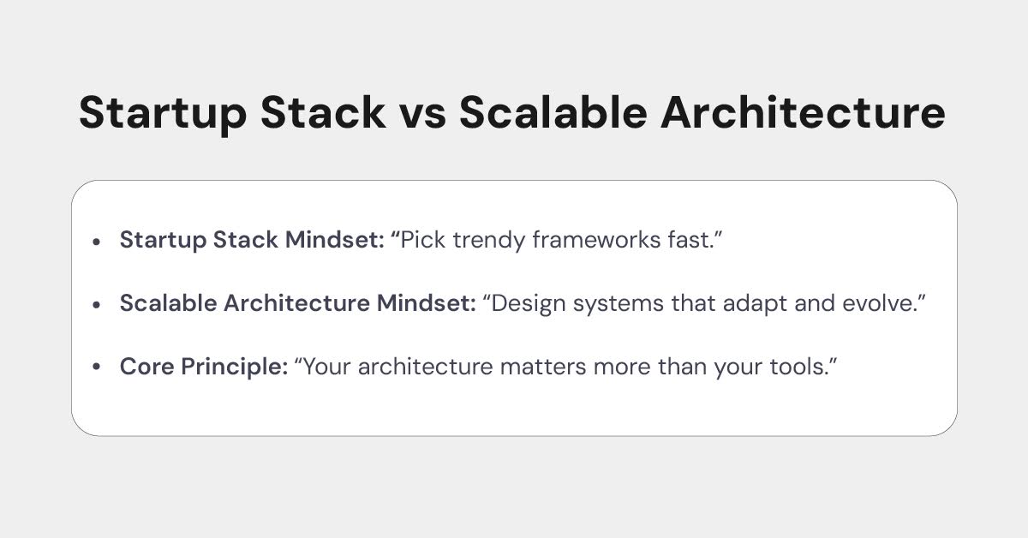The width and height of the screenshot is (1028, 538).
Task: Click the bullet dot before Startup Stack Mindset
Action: [x=97, y=242]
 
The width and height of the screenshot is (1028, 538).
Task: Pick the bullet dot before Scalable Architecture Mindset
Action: [x=97, y=304]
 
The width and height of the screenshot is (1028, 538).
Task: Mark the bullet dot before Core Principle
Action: [x=97, y=368]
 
